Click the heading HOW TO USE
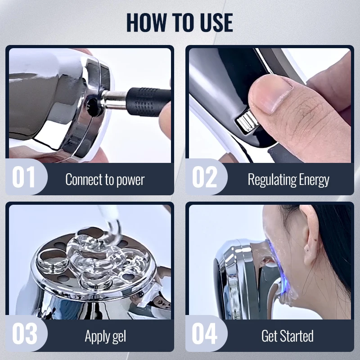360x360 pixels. click(180, 22)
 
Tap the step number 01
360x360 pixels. click(23, 177)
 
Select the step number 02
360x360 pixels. click(204, 177)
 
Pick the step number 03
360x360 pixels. click(24, 333)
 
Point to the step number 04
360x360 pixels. click(204, 333)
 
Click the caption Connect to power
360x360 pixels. click(105, 180)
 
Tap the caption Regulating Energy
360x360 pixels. click(288, 180)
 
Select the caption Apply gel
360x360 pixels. click(105, 336)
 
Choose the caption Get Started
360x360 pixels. click(288, 336)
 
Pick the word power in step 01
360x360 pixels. click(130, 180)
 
